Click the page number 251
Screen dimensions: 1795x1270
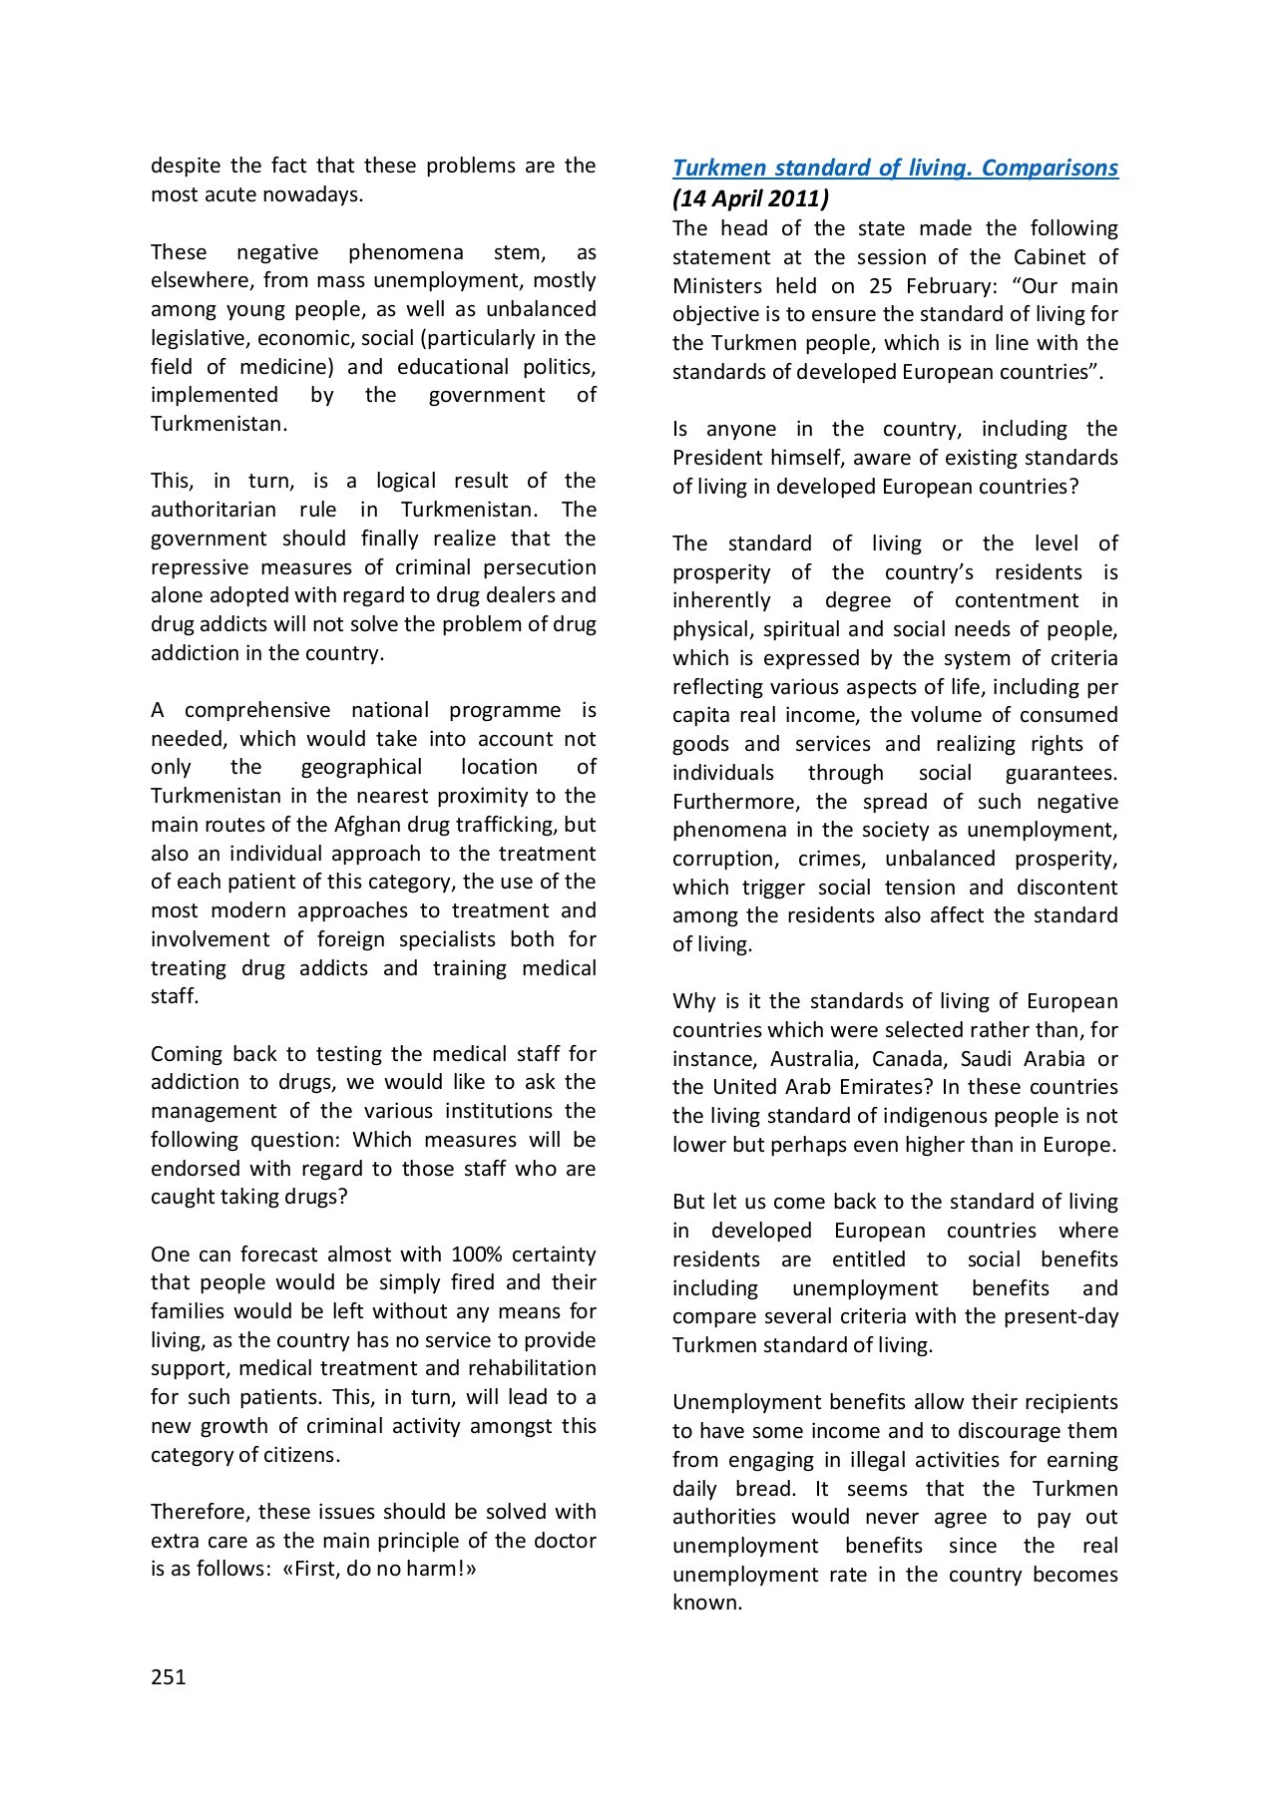click(x=169, y=1676)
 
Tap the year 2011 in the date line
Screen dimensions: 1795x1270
click(x=791, y=197)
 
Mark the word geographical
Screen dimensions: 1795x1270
click(x=361, y=767)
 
